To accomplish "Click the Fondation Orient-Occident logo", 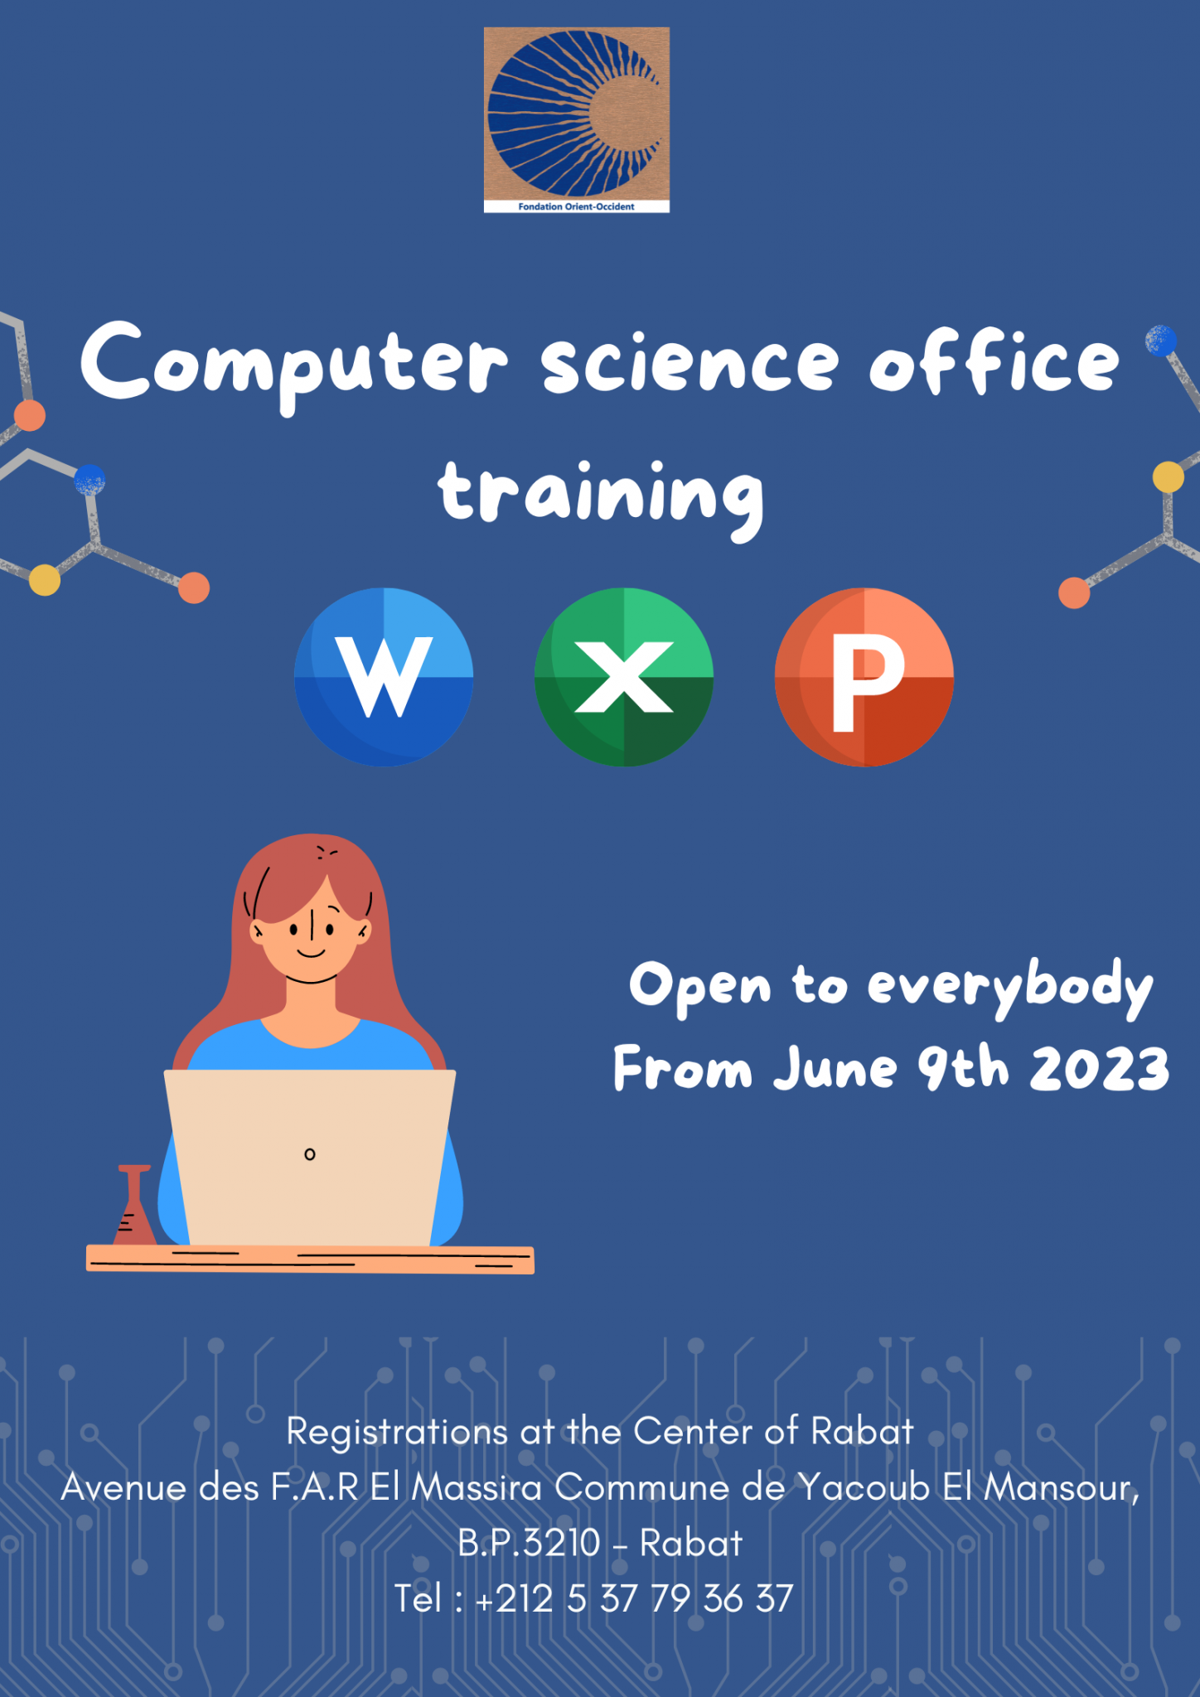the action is [577, 120].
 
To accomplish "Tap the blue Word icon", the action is [384, 677].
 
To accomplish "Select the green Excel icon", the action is [624, 677].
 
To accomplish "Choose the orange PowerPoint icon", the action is [864, 677].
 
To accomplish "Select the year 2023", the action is [1099, 1068].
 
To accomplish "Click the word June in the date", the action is [835, 1068].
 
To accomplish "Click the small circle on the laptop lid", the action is [310, 1154].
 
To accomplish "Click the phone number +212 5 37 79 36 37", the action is [634, 1598].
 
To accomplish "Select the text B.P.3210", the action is [529, 1543].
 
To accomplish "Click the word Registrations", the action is [397, 1431].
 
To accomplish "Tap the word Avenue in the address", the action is [123, 1487].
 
